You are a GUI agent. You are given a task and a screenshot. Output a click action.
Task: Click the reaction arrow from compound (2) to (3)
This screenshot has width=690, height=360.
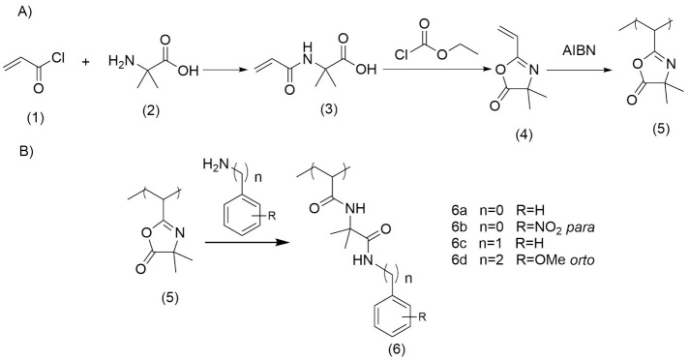coord(237,65)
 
